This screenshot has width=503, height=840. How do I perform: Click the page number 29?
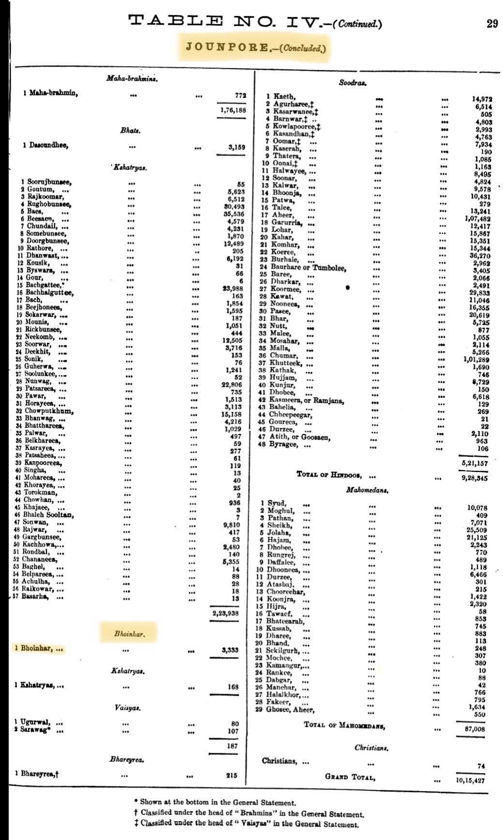[492, 23]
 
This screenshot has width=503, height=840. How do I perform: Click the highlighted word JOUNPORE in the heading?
[227, 47]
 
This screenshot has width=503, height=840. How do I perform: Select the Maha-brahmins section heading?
[132, 78]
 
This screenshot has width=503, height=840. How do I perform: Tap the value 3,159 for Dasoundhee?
[237, 147]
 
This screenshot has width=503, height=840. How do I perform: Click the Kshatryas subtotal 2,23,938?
[225, 614]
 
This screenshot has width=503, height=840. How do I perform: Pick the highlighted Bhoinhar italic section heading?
[129, 633]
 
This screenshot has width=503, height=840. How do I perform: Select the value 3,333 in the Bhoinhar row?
[230, 650]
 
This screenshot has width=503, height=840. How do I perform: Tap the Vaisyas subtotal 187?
[232, 746]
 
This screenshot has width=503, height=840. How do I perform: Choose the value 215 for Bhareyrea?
[232, 775]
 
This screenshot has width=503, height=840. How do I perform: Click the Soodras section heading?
[352, 83]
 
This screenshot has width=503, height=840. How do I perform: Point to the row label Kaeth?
[284, 96]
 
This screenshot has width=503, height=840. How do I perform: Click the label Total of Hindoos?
[329, 475]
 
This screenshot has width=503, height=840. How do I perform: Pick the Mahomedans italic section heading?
[367, 490]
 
